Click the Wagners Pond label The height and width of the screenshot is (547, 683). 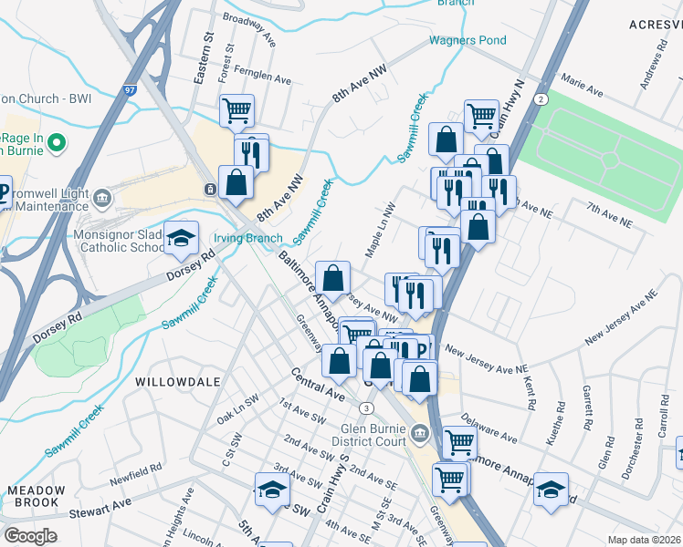coord(468,40)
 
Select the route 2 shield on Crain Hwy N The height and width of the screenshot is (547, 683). coord(541,98)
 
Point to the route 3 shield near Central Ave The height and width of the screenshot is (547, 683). coord(366,407)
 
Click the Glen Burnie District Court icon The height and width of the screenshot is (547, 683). coord(420,431)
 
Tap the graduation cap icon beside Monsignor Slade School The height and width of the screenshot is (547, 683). coord(182,237)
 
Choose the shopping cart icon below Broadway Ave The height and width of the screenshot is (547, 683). coord(236,110)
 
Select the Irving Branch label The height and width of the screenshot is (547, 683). coord(247,238)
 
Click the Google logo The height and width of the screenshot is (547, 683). coord(30,536)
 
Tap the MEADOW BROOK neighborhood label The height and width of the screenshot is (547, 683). coord(36,495)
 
